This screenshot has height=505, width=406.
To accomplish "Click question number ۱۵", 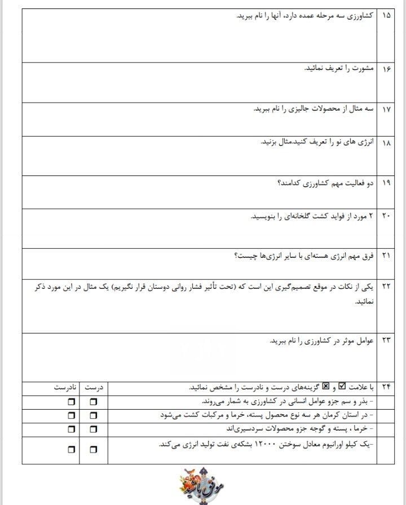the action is coord(386,16).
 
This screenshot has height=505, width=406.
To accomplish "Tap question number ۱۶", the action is coord(386,69).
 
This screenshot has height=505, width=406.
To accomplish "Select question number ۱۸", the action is coord(386,143).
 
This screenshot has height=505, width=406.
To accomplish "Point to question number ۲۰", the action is coord(386,217).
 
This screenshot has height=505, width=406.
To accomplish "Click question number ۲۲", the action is coord(386,287).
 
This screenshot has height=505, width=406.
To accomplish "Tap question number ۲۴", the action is coord(386,387).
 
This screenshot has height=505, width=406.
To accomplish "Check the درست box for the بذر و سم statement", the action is coord(93,402).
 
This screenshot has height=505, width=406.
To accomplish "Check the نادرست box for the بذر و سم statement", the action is coord(70,402).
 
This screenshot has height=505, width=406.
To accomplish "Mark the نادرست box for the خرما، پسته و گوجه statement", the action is coord(70,429).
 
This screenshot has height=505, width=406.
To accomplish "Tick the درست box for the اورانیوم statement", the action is coord(93,450).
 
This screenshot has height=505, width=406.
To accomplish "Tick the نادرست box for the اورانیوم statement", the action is coord(70,450).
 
